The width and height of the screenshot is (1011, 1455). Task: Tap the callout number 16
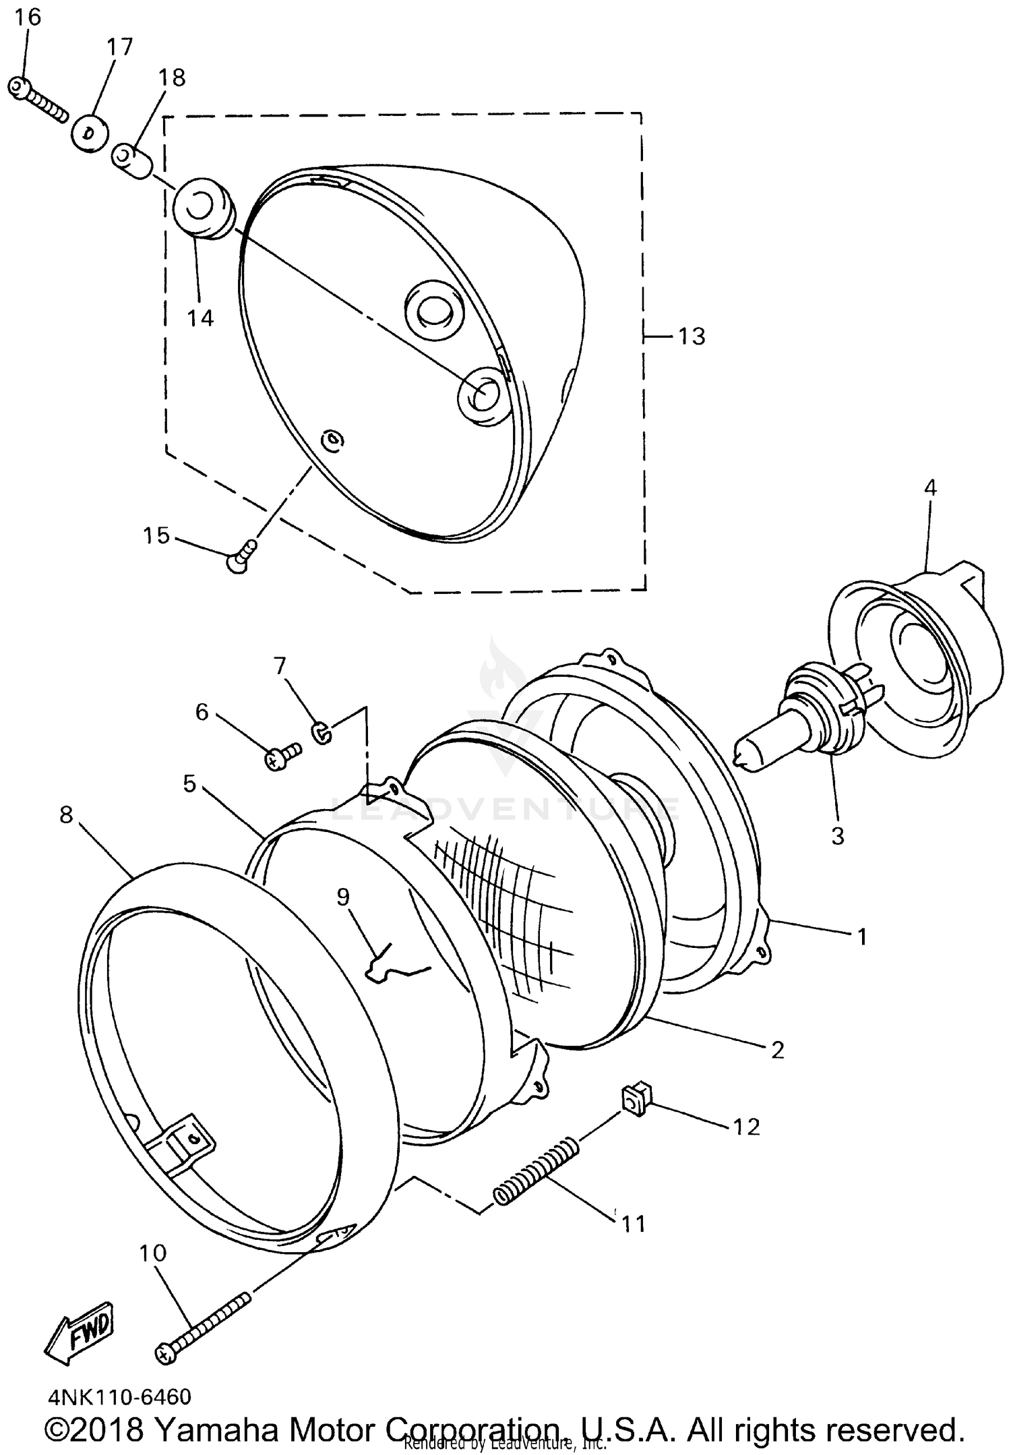[28, 17]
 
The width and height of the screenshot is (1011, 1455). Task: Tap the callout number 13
[691, 336]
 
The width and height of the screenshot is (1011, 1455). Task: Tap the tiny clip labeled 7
[322, 732]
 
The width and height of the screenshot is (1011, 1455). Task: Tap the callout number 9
[342, 897]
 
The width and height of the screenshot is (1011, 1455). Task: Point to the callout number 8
[65, 814]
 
